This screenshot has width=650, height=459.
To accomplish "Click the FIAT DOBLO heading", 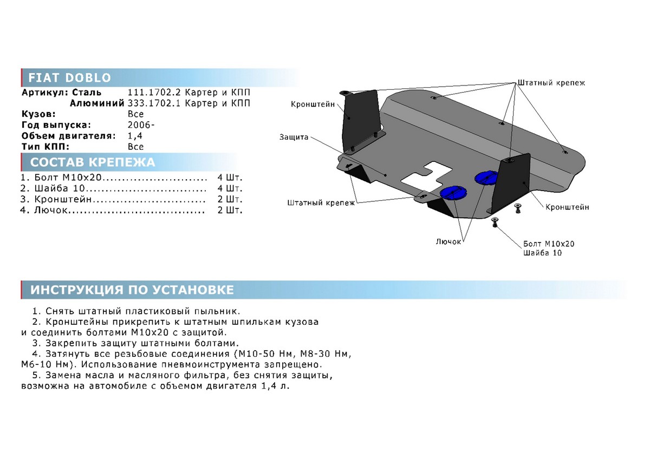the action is [x=70, y=78].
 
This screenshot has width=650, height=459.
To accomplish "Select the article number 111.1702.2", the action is [x=154, y=93].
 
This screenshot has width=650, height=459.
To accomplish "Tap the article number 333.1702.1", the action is [x=154, y=103].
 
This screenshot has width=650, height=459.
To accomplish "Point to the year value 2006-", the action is [x=141, y=125].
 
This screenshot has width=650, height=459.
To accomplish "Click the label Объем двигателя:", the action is [x=68, y=136].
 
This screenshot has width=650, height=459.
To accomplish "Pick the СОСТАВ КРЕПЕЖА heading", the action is [x=93, y=162].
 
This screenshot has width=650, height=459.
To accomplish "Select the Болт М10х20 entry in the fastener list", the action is [x=68, y=178].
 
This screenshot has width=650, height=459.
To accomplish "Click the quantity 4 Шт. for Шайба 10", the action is [x=230, y=188].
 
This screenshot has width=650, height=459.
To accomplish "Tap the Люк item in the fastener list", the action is [x=51, y=210].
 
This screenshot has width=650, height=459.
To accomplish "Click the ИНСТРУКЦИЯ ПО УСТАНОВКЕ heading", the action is [x=132, y=290].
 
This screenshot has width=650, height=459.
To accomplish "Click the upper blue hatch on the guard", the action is [x=486, y=177].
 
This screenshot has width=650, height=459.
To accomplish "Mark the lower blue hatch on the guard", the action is [x=453, y=194].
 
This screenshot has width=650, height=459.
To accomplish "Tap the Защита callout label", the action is [x=294, y=137].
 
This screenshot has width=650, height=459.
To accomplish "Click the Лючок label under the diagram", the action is [x=448, y=241].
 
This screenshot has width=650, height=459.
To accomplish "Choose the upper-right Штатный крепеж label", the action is [x=551, y=83].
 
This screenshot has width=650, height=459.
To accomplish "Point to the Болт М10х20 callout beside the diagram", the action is [x=549, y=244].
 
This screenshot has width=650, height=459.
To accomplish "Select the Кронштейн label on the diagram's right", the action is [x=567, y=207].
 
